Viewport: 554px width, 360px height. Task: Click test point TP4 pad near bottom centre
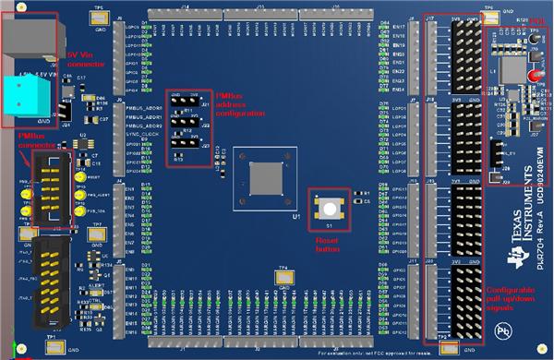285,276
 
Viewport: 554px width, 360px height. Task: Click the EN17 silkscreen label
399,28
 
